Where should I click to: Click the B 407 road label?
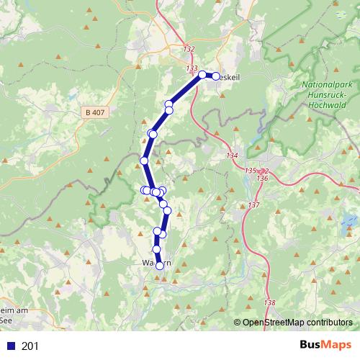pyautogui.click(x=95, y=112)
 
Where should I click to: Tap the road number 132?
pyautogui.click(x=189, y=49)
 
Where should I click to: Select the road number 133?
pyautogui.click(x=192, y=68)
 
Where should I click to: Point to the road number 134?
pyautogui.click(x=232, y=156)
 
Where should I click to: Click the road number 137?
pyautogui.click(x=253, y=206)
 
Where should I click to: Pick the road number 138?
pyautogui.click(x=270, y=302)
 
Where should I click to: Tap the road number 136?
pyautogui.click(x=262, y=178)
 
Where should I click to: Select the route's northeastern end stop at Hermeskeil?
pyautogui.click(x=215, y=76)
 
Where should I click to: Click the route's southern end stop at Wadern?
pyautogui.click(x=160, y=266)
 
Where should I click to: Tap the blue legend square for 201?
pyautogui.click(x=10, y=346)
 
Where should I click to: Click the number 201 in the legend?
pyautogui.click(x=30, y=346)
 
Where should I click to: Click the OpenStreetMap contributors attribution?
pyautogui.click(x=297, y=323)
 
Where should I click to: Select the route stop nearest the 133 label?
pyautogui.click(x=202, y=73)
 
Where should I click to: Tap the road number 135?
pyautogui.click(x=250, y=171)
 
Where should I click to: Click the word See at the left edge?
pyautogui.click(x=6, y=320)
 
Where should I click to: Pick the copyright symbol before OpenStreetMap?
pyautogui.click(x=238, y=323)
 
